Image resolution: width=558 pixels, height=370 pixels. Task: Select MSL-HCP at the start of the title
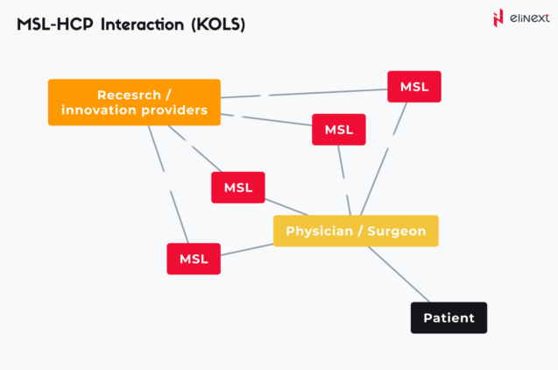[x=53, y=25]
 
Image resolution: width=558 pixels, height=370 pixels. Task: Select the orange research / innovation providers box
[x=134, y=102]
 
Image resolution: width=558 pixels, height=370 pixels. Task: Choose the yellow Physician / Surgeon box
[x=356, y=231]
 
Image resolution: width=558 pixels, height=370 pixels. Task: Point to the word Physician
[x=318, y=231]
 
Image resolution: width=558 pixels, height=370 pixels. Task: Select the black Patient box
[x=449, y=317]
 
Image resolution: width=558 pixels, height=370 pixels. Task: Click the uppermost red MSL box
[x=414, y=87]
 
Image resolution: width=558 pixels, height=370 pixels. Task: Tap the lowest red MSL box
[x=194, y=259]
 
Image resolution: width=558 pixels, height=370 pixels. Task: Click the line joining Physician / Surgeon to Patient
[x=399, y=274]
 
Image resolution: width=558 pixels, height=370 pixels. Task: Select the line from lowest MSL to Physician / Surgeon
[x=247, y=251]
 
